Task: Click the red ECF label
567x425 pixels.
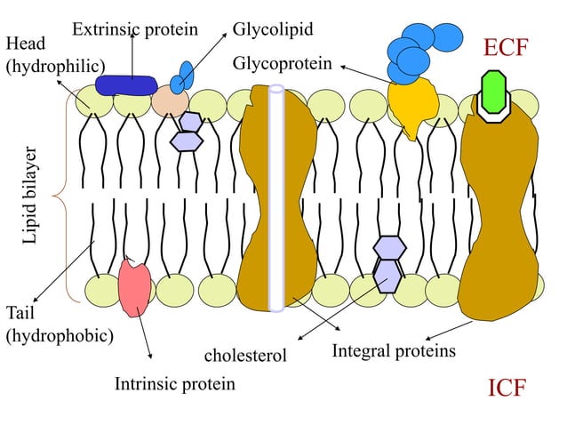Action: (511, 48)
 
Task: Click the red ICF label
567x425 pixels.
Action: (507, 389)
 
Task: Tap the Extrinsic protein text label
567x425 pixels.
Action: (134, 29)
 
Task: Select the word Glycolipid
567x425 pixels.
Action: (273, 29)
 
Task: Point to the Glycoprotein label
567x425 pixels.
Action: (283, 64)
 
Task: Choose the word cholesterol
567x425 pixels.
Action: (245, 356)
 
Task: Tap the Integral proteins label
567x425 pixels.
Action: (394, 350)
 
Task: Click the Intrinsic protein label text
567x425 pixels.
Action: (175, 384)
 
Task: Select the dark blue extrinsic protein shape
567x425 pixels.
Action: (125, 84)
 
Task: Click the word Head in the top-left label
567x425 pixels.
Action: (22, 44)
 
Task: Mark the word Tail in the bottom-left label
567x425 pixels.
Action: (20, 314)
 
